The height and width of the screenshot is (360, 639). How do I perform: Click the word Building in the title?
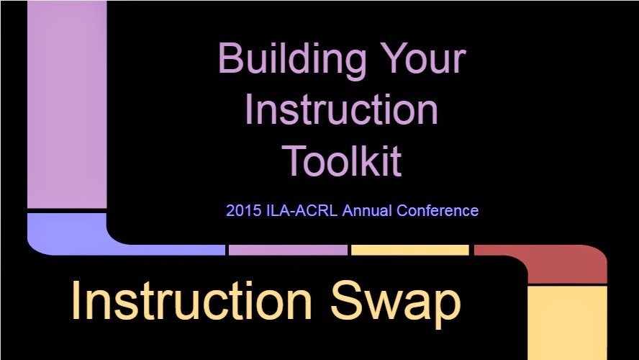[x=292, y=60]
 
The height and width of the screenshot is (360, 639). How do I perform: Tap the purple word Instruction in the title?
[x=342, y=109]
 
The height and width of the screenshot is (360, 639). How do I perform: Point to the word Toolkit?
[x=342, y=161]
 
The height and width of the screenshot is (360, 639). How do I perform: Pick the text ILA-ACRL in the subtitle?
[x=302, y=211]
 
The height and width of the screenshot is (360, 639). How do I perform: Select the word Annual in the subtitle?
[x=367, y=211]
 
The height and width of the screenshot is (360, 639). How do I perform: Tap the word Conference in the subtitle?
[x=438, y=211]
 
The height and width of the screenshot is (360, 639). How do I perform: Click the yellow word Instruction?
[x=191, y=301]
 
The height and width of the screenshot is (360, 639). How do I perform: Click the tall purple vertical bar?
[x=67, y=104]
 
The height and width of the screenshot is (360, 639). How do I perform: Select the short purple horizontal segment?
[x=288, y=250]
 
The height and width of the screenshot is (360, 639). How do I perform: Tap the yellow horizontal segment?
[x=410, y=250]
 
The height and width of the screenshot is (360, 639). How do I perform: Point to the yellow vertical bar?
[x=568, y=323]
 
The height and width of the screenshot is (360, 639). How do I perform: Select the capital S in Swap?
[x=345, y=301]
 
